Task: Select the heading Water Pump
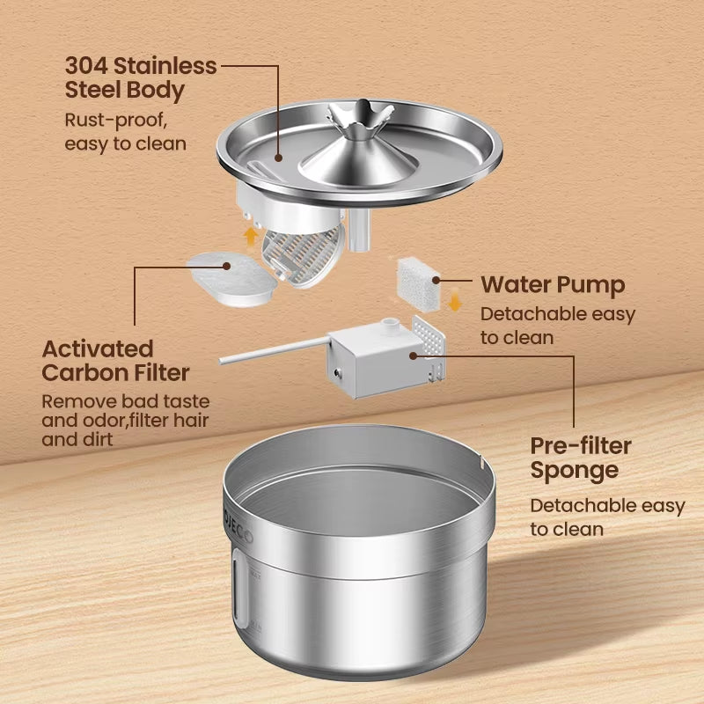tap(553, 284)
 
